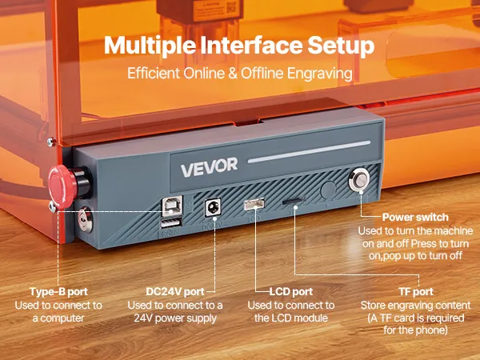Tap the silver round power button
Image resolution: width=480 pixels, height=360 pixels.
pyautogui.click(x=358, y=179)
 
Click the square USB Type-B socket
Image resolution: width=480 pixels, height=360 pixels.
pyautogui.click(x=172, y=206)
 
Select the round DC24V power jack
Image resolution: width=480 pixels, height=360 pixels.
pyautogui.click(x=213, y=208)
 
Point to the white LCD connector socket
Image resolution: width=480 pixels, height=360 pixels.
pyautogui.click(x=254, y=204)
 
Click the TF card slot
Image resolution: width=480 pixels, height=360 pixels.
pyautogui.click(x=294, y=201)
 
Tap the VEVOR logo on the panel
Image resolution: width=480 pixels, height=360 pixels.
pyautogui.click(x=209, y=167)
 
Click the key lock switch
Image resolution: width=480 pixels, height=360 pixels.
pyautogui.click(x=85, y=219)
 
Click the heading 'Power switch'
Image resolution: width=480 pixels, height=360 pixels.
pyautogui.click(x=415, y=217)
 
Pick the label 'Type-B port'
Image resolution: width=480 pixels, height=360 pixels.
pyautogui.click(x=58, y=291)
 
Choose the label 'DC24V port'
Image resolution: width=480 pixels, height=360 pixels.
pyautogui.click(x=175, y=291)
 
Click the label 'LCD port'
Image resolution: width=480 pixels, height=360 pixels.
pyautogui.click(x=291, y=291)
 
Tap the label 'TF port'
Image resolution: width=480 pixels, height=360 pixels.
pyautogui.click(x=416, y=291)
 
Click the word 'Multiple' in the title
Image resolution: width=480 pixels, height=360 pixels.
pyautogui.click(x=150, y=46)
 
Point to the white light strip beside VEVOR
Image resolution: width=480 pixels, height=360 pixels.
pyautogui.click(x=309, y=152)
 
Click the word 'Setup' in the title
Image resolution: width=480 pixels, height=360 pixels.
pyautogui.click(x=341, y=46)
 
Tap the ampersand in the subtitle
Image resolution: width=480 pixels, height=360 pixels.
pyautogui.click(x=233, y=74)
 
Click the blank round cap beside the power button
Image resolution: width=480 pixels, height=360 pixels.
pyautogui.click(x=328, y=190)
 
